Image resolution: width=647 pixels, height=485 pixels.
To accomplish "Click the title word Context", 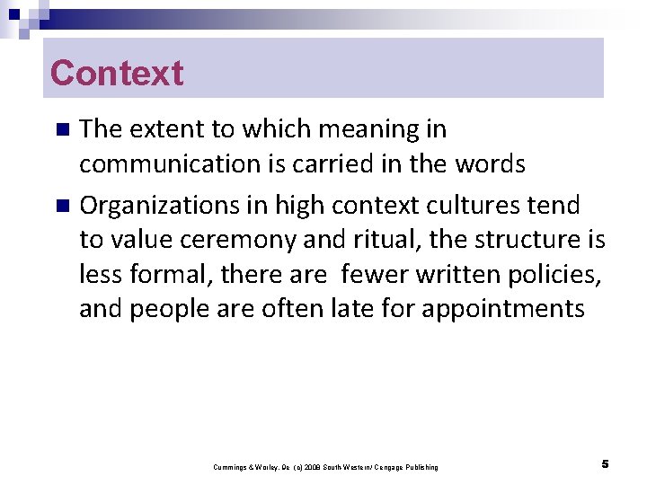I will [117, 73].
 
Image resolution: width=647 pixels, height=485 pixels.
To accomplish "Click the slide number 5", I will [605, 464].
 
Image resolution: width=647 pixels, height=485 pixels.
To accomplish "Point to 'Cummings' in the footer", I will [229, 467].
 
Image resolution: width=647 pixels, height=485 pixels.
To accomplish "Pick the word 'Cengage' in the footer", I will [390, 467].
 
